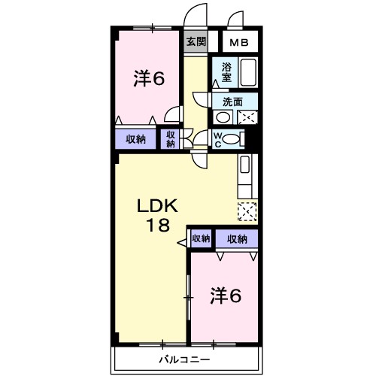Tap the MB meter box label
pos(240,42)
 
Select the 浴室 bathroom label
pos(226,72)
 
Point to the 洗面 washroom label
pos(232,102)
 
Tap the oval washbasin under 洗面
pos(223,117)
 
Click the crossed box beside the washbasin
pos(247,117)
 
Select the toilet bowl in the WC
pos(234,138)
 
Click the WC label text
pos(218,139)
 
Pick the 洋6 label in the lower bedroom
pos(225,296)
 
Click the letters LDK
pos(157,205)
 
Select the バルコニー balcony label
pos(184,358)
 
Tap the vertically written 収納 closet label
pos(171,139)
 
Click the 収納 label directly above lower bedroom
pos(236,239)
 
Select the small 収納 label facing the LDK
pos(201,239)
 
